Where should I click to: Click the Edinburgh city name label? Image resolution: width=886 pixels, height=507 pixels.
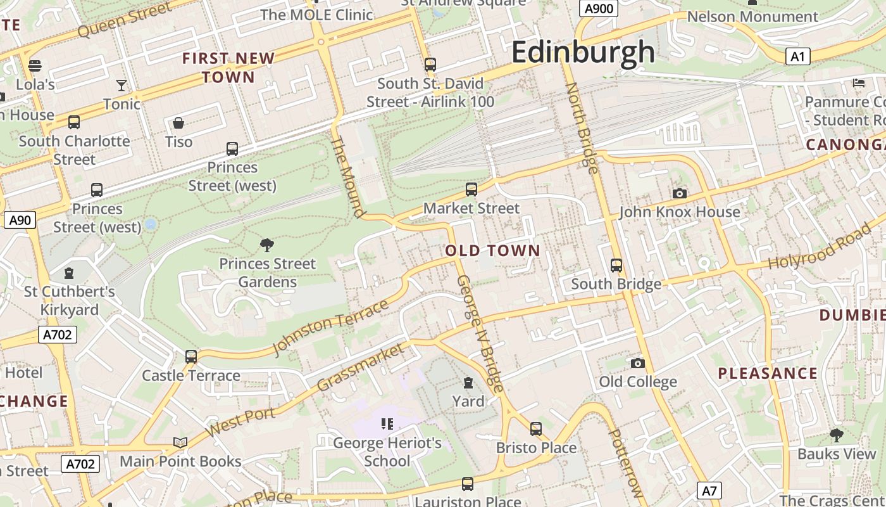click(583, 52)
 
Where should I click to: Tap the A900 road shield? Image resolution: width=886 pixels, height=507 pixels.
click(598, 8)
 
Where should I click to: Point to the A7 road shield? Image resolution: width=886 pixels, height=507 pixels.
click(709, 490)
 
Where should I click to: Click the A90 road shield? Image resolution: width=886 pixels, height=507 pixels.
click(20, 220)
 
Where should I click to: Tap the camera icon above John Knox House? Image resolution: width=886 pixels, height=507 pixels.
click(680, 193)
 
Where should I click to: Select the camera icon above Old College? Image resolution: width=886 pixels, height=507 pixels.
click(638, 363)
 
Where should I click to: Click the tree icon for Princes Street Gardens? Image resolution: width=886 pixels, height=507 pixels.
click(267, 245)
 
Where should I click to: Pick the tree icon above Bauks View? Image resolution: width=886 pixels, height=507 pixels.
click(837, 435)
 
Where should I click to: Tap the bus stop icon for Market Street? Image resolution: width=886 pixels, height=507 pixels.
click(471, 189)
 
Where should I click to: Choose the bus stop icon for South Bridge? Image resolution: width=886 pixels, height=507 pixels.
click(616, 265)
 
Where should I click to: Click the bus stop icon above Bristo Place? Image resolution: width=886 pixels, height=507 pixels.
click(536, 429)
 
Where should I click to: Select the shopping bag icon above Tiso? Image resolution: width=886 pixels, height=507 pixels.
click(178, 123)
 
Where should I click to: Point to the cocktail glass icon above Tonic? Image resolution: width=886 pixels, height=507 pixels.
click(122, 85)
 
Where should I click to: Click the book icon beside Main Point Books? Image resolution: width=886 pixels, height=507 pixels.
click(180, 442)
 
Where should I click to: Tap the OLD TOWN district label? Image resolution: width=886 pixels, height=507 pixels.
click(493, 250)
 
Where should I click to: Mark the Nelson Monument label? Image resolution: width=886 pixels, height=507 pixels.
click(752, 16)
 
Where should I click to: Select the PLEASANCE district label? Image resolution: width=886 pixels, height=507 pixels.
click(768, 373)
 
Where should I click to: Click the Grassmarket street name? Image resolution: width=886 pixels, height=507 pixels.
click(359, 368)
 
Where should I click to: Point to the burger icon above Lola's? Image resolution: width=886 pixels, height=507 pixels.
click(35, 65)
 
